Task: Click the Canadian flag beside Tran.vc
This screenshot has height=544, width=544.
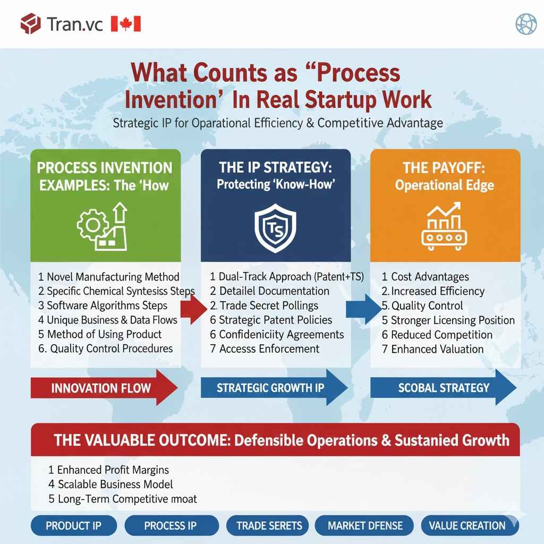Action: [126, 24]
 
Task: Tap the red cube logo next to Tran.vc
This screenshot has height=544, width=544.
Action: [30, 24]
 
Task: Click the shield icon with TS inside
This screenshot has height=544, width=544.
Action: [276, 228]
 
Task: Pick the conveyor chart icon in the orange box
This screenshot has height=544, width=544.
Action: [445, 226]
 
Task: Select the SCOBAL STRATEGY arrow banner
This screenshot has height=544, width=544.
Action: [444, 388]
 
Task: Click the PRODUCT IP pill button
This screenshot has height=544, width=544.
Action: [73, 526]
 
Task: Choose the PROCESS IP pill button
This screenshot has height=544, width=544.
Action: [170, 526]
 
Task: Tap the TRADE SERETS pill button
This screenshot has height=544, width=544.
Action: [269, 526]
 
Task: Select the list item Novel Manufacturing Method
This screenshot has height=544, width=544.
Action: [109, 277]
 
